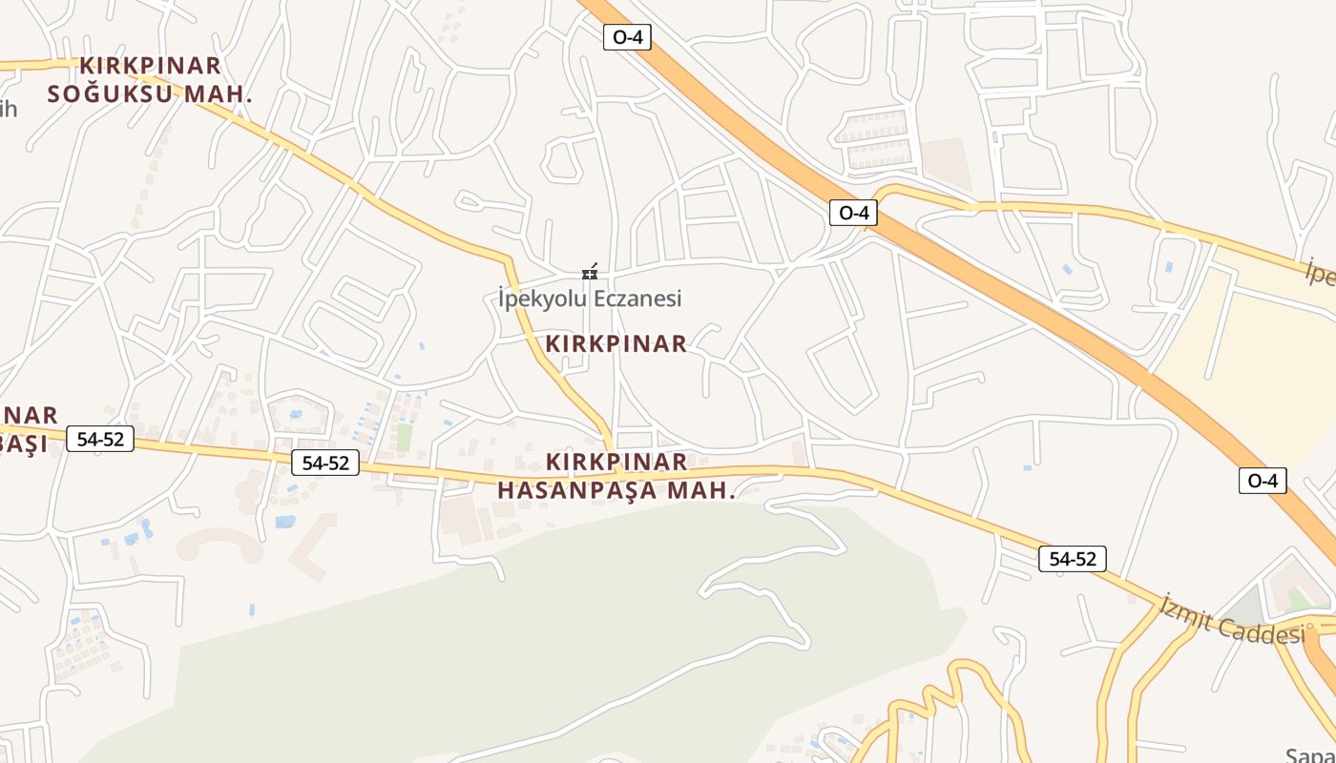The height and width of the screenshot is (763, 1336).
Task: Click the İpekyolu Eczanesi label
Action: point(590,299)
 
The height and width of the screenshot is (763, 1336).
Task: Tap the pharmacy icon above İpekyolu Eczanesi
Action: point(590,273)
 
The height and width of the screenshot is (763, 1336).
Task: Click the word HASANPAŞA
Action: point(577,491)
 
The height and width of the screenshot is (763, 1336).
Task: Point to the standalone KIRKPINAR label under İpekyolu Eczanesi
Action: point(616,343)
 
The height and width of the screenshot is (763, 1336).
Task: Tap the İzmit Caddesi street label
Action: point(1232,620)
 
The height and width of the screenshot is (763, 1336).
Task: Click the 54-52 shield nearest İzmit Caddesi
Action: point(1073,559)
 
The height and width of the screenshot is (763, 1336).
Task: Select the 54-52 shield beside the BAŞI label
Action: point(100,440)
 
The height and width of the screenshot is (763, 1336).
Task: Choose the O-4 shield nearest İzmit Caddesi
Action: point(1262,481)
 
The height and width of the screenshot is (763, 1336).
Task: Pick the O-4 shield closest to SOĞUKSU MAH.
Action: point(627,37)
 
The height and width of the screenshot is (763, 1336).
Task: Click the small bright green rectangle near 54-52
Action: point(405,437)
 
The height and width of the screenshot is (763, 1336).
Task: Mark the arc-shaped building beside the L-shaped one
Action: point(220,545)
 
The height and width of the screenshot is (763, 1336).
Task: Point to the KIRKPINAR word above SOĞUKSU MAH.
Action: point(150,66)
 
